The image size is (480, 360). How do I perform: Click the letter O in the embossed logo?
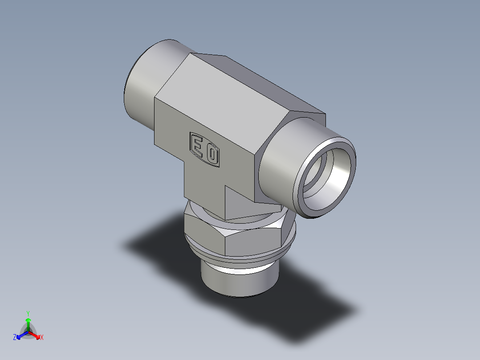click(212, 155)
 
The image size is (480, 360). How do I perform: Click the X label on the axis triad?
click(42, 338)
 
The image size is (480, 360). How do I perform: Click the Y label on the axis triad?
click(28, 313)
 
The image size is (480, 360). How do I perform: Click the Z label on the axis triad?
click(15, 338)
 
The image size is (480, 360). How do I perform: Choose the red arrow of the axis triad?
click(35, 334)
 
